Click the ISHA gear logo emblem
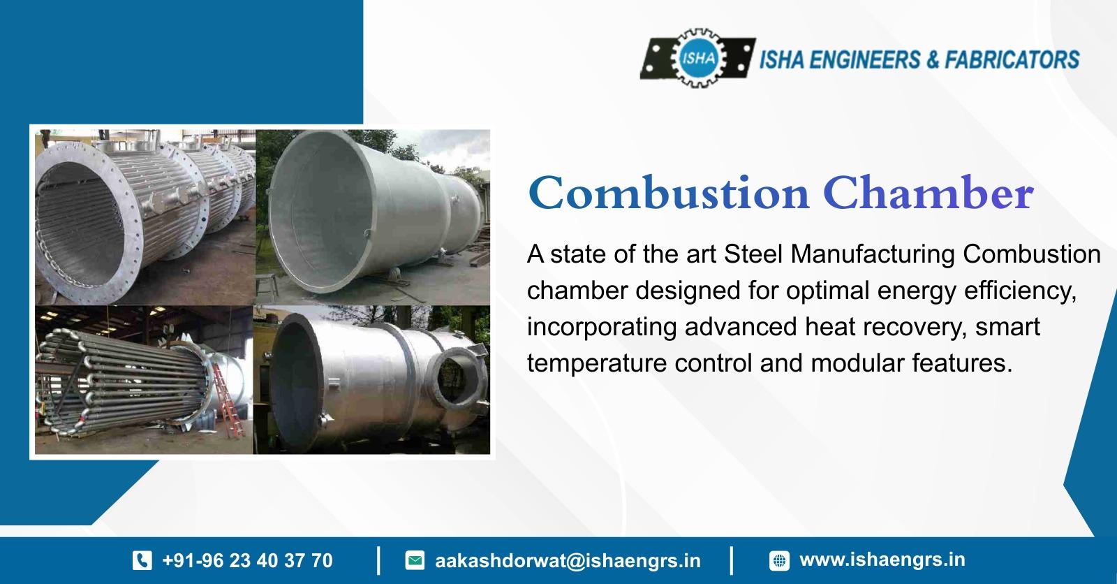(697, 59)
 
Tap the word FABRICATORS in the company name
(1012, 59)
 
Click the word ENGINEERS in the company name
(865, 59)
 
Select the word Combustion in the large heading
(669, 194)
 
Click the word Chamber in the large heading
(928, 194)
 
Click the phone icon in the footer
(142, 560)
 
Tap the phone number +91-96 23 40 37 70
(247, 560)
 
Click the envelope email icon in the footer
(415, 560)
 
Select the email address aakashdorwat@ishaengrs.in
(568, 561)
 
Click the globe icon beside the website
(779, 560)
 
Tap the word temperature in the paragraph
(597, 363)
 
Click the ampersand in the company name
(933, 59)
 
